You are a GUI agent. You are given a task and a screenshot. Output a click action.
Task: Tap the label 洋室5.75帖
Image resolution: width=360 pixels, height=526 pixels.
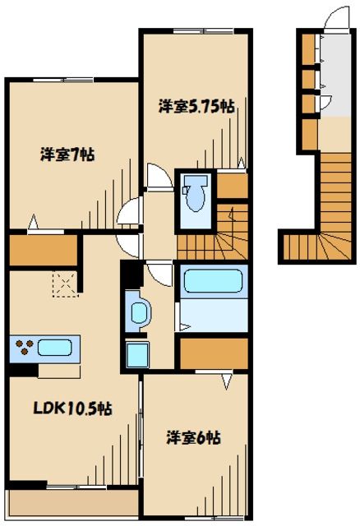tap(196, 106)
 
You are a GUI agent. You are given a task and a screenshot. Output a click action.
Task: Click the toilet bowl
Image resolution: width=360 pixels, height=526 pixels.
tap(196, 195)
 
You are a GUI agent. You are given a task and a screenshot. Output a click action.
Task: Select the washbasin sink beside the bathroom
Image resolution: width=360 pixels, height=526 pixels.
tap(137, 313)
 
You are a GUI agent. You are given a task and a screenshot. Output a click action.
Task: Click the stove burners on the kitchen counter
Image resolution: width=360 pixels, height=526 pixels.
tap(24, 347)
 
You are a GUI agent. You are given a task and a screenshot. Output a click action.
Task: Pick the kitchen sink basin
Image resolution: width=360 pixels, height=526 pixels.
tap(55, 347)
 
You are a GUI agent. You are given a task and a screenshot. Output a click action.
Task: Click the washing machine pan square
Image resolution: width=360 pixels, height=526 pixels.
tap(137, 353)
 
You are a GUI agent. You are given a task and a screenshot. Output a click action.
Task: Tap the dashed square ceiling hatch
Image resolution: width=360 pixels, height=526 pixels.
tap(64, 283)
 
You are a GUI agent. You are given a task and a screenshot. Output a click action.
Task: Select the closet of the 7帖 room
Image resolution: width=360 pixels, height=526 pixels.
tap(43, 251)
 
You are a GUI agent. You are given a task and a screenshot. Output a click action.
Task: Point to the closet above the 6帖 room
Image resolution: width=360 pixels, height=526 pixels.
tap(212, 353)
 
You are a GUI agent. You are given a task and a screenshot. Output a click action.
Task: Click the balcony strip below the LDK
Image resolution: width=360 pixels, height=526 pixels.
tap(72, 501)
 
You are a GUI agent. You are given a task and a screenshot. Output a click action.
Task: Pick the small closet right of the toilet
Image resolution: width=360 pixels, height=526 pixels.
tap(233, 185)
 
